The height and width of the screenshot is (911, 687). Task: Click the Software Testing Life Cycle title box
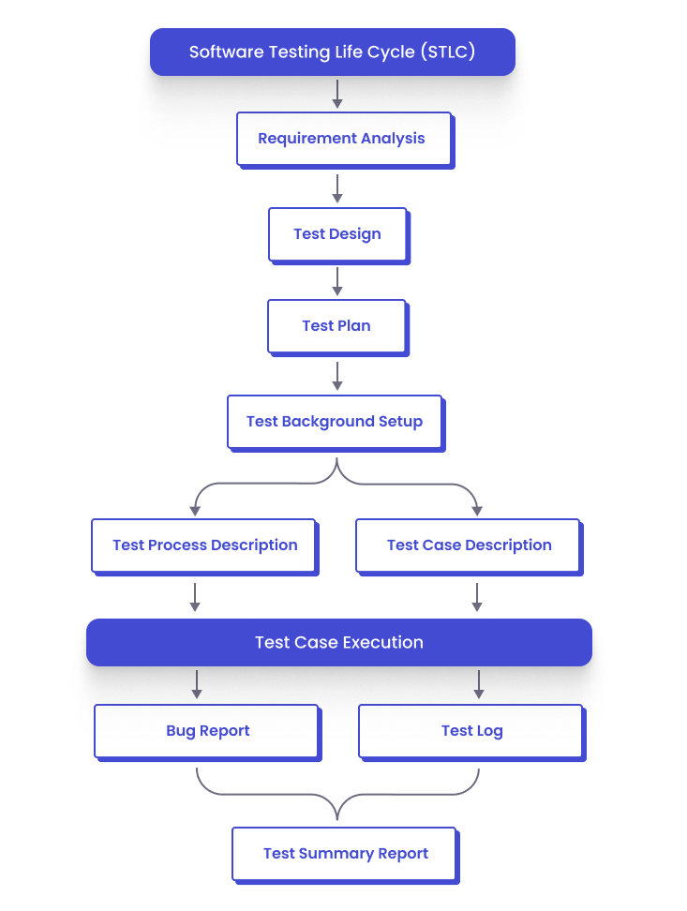tap(333, 52)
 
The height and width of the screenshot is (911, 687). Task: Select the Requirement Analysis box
tap(343, 139)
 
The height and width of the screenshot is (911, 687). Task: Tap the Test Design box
tap(337, 234)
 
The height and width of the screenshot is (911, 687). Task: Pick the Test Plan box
tap(336, 326)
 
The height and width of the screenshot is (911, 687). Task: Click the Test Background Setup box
tap(335, 422)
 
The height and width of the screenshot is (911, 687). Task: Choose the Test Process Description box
tap(204, 545)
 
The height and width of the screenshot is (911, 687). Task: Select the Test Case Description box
tap(469, 545)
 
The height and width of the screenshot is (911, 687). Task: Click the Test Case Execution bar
tap(339, 643)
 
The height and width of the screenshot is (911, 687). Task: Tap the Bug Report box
tap(207, 731)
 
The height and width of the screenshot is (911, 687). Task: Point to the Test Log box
tap(471, 731)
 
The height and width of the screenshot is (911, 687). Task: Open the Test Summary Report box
tap(345, 854)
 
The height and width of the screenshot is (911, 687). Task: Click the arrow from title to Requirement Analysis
tap(337, 94)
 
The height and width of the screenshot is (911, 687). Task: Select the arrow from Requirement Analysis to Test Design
tap(337, 188)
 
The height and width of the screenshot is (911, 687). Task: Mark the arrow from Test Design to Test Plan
tap(337, 281)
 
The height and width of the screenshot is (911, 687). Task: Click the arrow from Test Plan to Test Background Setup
tap(337, 376)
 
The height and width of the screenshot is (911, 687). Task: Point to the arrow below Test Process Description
tap(195, 597)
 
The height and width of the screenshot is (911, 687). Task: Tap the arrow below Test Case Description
tap(477, 597)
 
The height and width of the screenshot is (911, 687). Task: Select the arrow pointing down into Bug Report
tap(197, 684)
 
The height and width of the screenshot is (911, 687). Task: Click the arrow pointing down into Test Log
tap(479, 684)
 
